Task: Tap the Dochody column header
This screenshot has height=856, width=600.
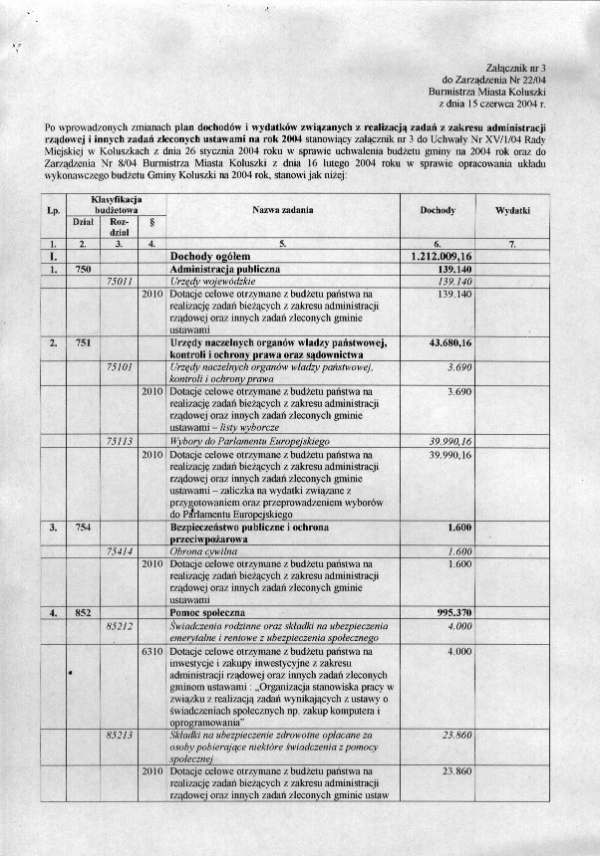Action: (438, 211)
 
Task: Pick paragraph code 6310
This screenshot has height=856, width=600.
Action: (151, 651)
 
